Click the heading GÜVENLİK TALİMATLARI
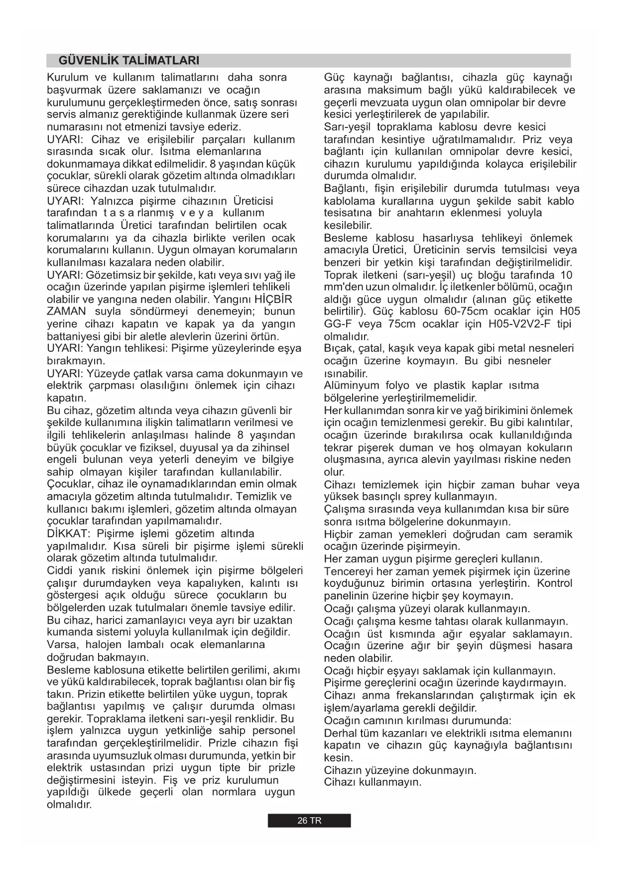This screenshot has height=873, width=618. coord(128,61)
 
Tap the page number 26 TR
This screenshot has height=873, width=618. coord(309,821)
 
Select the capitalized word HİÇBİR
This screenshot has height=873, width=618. coord(273,300)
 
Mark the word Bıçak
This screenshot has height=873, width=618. coord(337,349)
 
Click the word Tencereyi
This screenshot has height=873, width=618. coord(347,572)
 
